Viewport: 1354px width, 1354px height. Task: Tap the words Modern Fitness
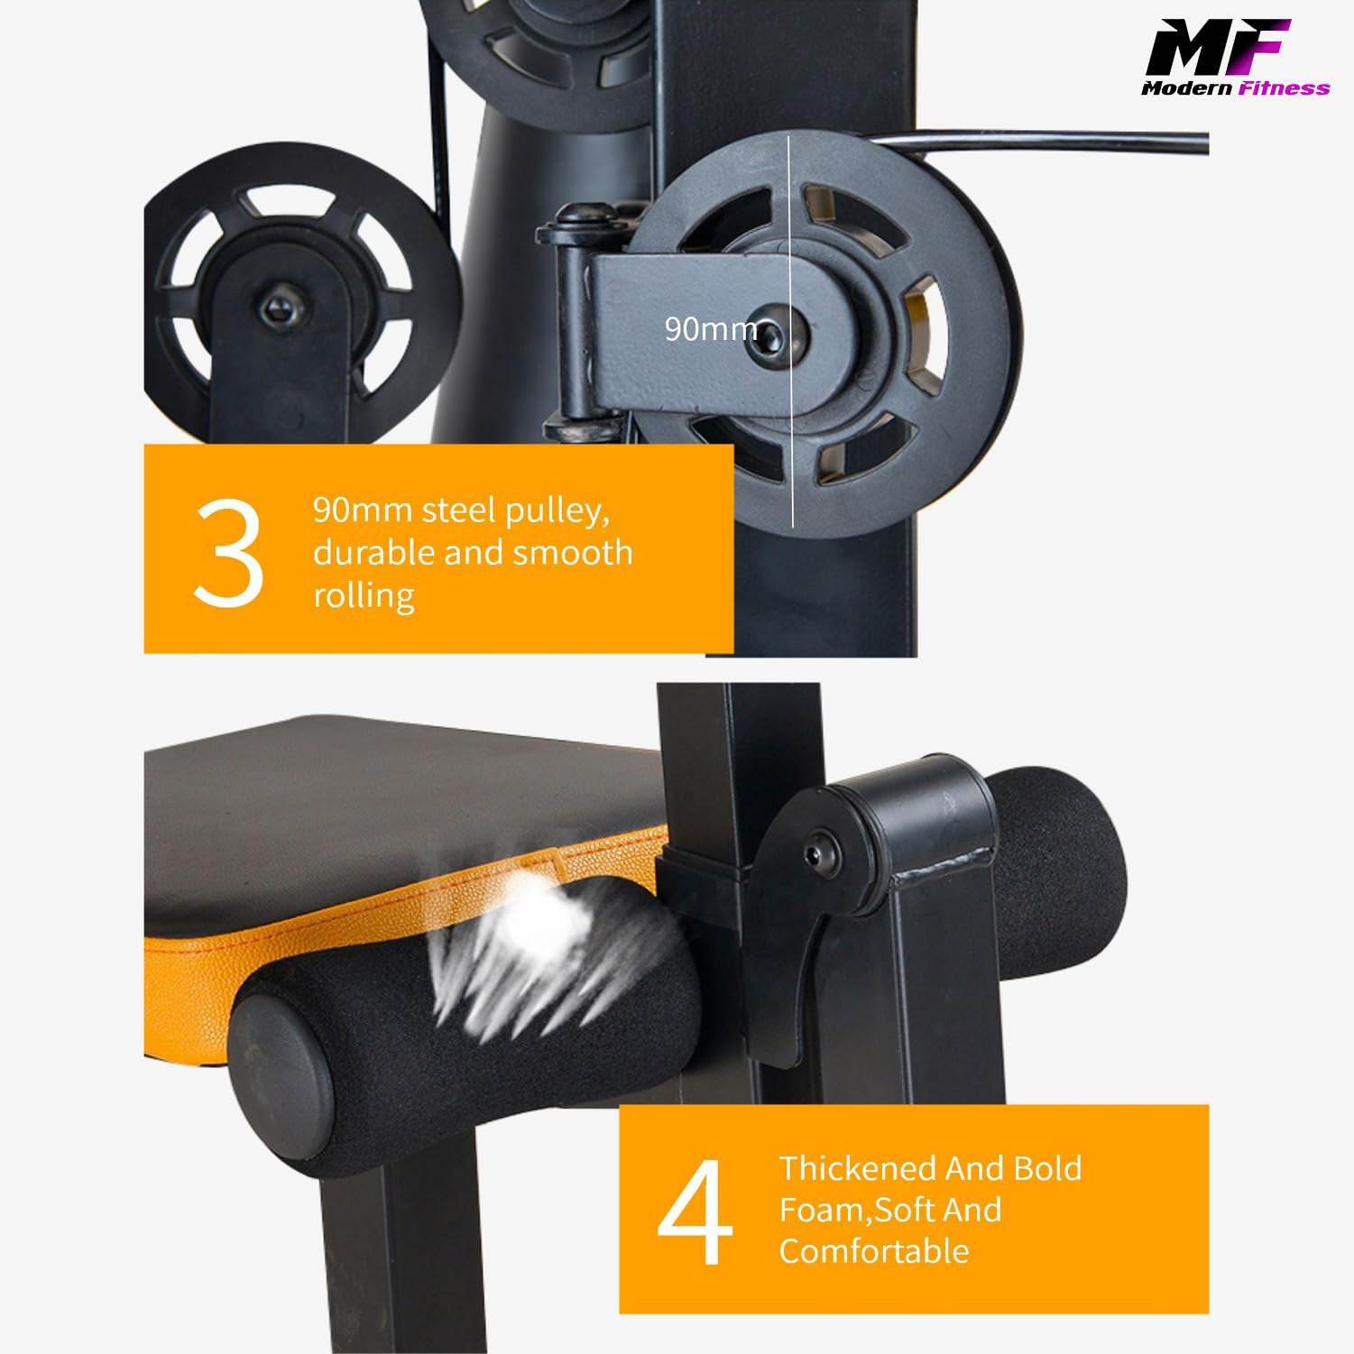[x=1235, y=88]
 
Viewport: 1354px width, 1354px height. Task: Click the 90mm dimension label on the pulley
[x=710, y=329]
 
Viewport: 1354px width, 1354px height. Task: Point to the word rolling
[x=364, y=595]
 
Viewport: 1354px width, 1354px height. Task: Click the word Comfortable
[x=874, y=1251]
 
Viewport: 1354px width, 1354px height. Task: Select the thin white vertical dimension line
[x=791, y=331]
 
